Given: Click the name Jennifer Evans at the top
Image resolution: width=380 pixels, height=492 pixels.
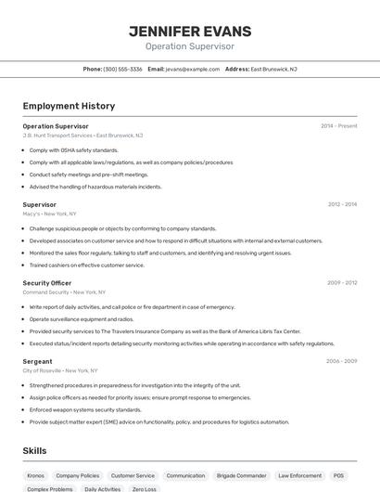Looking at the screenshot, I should pyautogui.click(x=190, y=32).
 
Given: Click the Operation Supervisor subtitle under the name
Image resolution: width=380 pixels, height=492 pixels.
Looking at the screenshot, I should pyautogui.click(x=190, y=46).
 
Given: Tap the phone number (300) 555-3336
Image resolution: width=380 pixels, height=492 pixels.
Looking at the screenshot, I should pyautogui.click(x=122, y=69).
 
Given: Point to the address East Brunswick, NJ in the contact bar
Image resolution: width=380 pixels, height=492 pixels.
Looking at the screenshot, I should pyautogui.click(x=273, y=69).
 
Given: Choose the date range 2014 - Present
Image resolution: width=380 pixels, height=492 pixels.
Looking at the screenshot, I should pyautogui.click(x=338, y=126).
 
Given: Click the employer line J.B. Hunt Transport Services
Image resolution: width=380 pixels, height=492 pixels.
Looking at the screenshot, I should pyautogui.click(x=82, y=136).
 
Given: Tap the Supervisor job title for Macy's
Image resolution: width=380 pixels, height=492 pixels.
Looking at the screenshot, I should pyautogui.click(x=40, y=204).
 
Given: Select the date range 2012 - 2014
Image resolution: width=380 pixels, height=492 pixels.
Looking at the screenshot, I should pyautogui.click(x=342, y=204).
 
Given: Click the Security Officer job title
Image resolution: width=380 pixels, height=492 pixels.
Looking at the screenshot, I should pyautogui.click(x=47, y=282).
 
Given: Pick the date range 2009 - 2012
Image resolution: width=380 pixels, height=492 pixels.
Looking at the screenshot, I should pyautogui.click(x=342, y=282).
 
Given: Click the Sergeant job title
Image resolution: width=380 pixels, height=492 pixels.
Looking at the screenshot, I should pyautogui.click(x=38, y=361).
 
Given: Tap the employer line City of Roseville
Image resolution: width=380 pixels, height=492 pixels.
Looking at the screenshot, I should pyautogui.click(x=60, y=370).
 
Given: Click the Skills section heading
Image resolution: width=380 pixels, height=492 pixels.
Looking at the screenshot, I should pyautogui.click(x=35, y=451).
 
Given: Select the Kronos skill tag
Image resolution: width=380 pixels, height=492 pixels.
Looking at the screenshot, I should pyautogui.click(x=36, y=475).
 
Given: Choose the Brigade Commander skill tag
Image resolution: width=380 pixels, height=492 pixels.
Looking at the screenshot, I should pyautogui.click(x=242, y=475).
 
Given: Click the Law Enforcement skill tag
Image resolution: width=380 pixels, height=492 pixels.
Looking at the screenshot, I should pyautogui.click(x=299, y=475).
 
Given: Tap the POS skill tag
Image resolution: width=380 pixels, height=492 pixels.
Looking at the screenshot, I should pyautogui.click(x=339, y=475).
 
